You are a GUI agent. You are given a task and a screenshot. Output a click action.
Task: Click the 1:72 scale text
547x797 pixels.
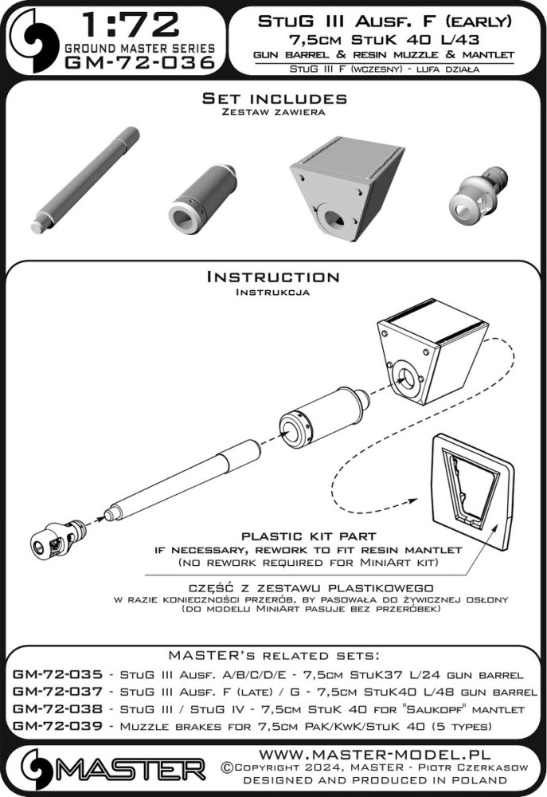[x=130, y=25]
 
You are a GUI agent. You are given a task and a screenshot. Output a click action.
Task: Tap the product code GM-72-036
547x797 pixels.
[x=140, y=63]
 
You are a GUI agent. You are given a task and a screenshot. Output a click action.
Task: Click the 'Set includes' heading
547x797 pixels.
[x=274, y=98]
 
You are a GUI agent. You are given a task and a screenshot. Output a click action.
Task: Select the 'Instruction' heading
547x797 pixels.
[x=273, y=277]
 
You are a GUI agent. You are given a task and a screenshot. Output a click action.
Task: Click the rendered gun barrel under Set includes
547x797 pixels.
[x=85, y=180]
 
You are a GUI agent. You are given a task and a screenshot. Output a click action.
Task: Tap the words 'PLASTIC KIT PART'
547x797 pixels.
[x=308, y=536]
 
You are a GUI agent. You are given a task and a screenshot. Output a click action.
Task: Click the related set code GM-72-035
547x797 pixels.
[x=57, y=674]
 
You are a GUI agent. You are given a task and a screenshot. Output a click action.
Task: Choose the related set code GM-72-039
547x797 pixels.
[x=57, y=726]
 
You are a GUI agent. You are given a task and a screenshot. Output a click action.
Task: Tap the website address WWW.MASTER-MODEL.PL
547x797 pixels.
[x=375, y=754]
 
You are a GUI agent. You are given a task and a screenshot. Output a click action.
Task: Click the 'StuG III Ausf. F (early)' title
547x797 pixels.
[x=385, y=22]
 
